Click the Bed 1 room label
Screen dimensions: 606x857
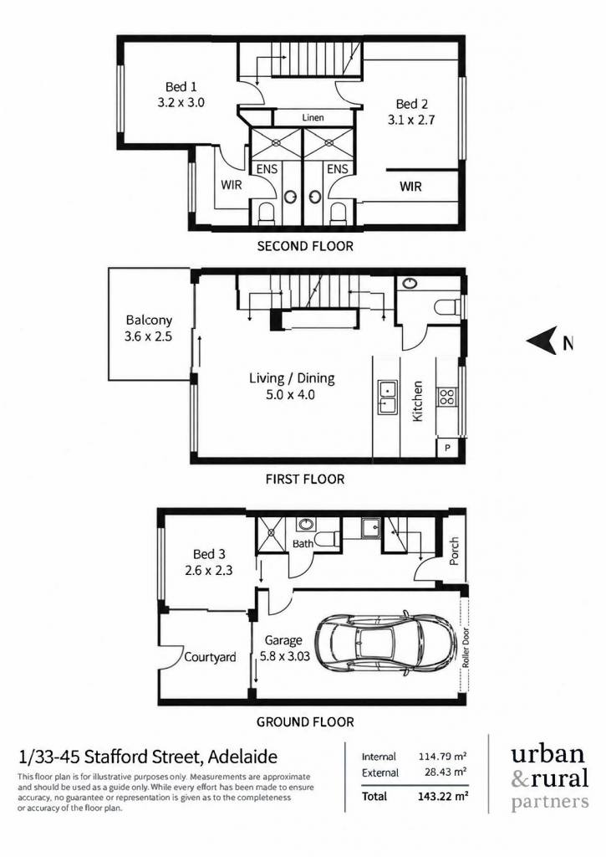point(181,87)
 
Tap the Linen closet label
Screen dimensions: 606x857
point(313,117)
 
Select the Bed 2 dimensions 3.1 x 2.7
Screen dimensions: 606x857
point(411,120)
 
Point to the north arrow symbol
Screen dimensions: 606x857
point(542,341)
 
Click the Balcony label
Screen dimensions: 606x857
point(149,321)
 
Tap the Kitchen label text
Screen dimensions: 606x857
point(418,401)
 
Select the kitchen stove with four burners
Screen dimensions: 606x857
point(446,396)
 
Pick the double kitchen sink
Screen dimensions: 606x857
point(387,398)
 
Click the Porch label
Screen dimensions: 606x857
point(454,551)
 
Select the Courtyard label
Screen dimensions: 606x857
point(210,657)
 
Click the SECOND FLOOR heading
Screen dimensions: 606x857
point(305,247)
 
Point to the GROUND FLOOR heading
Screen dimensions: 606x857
point(305,722)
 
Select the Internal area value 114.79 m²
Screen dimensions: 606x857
point(443,757)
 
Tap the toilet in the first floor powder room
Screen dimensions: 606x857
point(447,307)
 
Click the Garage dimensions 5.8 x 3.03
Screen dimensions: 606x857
point(287,656)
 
